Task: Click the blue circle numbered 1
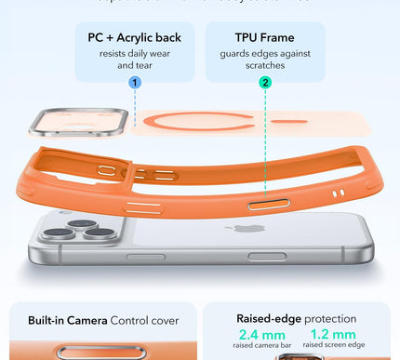135,83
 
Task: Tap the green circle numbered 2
266,83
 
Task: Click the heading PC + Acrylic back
134,38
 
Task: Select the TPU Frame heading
252,38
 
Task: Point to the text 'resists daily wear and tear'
134,60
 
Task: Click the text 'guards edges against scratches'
252,60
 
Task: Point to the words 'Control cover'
145,319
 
